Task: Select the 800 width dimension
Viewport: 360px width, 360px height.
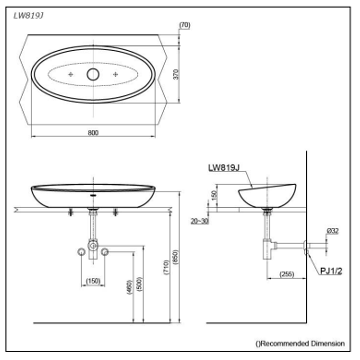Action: (x=93, y=133)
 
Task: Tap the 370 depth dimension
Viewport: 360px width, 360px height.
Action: (x=176, y=74)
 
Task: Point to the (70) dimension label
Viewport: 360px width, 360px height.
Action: (x=185, y=25)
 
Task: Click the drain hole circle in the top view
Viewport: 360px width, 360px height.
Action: (x=93, y=74)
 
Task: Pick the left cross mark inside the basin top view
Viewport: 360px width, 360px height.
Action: (x=70, y=74)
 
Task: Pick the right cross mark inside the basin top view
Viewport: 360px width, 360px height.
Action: (x=115, y=74)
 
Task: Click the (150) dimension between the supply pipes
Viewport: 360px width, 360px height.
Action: (x=93, y=281)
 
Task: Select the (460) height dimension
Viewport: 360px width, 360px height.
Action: (x=129, y=287)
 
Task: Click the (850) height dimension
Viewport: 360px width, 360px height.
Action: (x=176, y=257)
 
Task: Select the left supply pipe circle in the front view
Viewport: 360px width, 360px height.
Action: (x=81, y=252)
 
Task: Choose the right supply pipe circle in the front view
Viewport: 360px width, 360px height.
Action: (x=105, y=252)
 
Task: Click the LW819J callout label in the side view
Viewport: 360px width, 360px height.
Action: (x=224, y=168)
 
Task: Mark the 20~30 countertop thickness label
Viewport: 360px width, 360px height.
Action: (x=200, y=221)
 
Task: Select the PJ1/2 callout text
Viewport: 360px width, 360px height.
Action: (x=331, y=271)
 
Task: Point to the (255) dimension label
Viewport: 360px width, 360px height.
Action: (x=286, y=274)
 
